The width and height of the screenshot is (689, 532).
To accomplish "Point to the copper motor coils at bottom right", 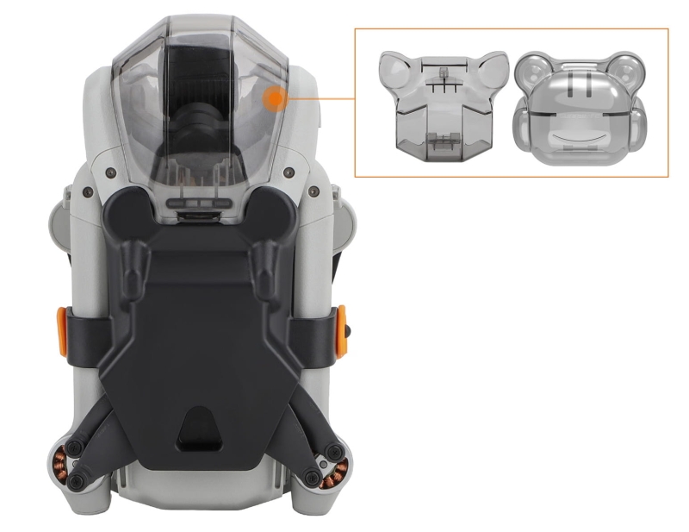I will (x=337, y=469).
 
